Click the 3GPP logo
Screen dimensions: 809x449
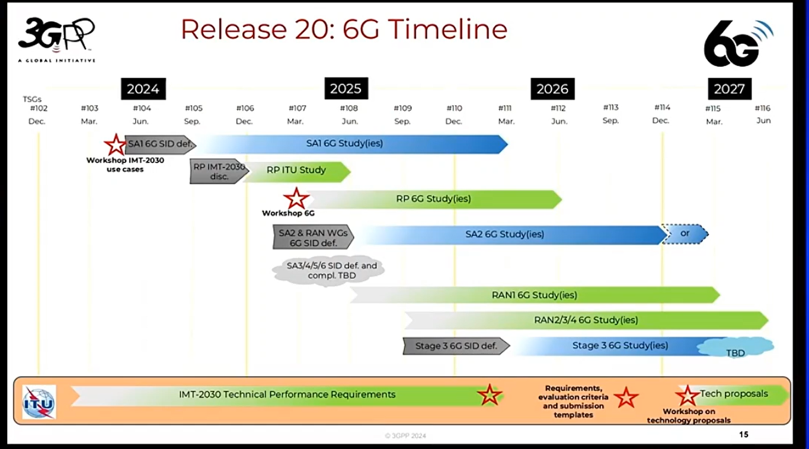pyautogui.click(x=57, y=40)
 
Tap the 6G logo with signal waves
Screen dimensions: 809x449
pyautogui.click(x=738, y=43)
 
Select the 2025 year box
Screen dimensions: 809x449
pyautogui.click(x=346, y=88)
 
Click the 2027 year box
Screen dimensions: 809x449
pyautogui.click(x=730, y=89)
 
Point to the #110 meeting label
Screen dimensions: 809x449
pyautogui.click(x=454, y=108)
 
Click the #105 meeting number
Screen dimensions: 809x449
pyautogui.click(x=194, y=108)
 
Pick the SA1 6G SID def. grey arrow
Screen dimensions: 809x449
pyautogui.click(x=161, y=145)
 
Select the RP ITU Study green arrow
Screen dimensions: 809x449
pyautogui.click(x=297, y=172)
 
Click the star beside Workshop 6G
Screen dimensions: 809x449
pyautogui.click(x=296, y=198)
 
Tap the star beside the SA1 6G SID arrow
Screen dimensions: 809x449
pyautogui.click(x=116, y=145)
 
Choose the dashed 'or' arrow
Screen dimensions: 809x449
pyautogui.click(x=685, y=234)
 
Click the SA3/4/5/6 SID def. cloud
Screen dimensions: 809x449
pyautogui.click(x=328, y=271)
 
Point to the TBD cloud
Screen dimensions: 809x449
pyautogui.click(x=736, y=348)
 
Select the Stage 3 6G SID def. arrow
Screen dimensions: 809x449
pyautogui.click(x=456, y=346)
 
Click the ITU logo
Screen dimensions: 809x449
pyautogui.click(x=39, y=402)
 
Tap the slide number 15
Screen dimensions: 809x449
pyautogui.click(x=743, y=435)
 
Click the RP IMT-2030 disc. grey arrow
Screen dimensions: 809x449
pyautogui.click(x=219, y=171)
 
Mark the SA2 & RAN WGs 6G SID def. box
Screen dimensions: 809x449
pyautogui.click(x=313, y=237)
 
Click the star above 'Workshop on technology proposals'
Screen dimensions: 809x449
pyautogui.click(x=688, y=395)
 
